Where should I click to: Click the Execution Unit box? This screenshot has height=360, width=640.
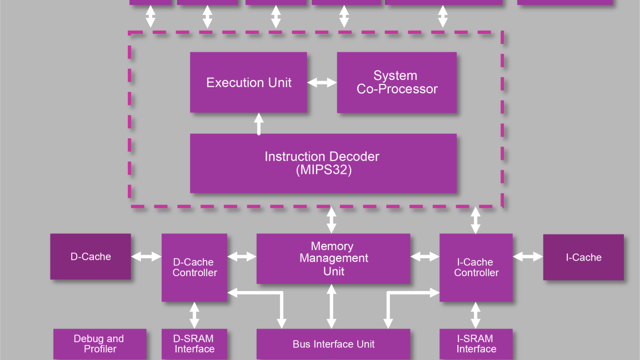click(x=248, y=82)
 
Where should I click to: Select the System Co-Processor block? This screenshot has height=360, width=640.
click(x=397, y=82)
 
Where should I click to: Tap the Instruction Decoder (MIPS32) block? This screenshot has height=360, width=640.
click(x=323, y=163)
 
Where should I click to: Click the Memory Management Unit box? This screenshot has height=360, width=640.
click(x=333, y=258)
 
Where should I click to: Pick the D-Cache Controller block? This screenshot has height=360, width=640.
click(x=194, y=267)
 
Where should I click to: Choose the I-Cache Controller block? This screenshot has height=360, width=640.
click(x=476, y=267)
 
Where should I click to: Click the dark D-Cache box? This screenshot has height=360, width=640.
click(x=91, y=257)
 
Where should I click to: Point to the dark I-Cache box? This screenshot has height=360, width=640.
click(x=583, y=257)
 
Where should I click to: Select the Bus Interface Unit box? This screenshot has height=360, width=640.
click(x=333, y=344)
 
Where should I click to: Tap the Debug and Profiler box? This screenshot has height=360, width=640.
click(x=99, y=344)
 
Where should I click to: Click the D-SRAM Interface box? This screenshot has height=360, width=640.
click(x=194, y=344)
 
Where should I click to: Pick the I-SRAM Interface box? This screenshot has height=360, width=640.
click(x=476, y=344)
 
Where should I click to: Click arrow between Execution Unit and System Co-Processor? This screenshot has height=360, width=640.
click(x=322, y=83)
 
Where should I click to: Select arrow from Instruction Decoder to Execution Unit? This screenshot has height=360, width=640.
click(x=258, y=123)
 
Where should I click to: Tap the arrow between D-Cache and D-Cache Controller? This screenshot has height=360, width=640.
click(x=146, y=257)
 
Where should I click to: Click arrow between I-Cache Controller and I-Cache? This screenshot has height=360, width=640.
click(x=528, y=257)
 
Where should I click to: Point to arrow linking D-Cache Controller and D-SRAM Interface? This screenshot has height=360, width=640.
click(x=194, y=315)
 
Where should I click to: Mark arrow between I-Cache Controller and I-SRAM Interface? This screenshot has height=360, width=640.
click(x=476, y=315)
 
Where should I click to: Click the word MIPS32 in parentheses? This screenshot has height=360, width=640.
click(x=324, y=171)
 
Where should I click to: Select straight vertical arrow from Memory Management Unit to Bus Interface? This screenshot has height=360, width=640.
click(x=332, y=306)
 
